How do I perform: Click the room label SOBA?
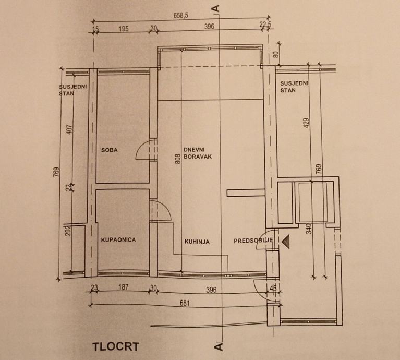point(110,150)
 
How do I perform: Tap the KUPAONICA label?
point(118,240)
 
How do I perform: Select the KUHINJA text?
point(197,242)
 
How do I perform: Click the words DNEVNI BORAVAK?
point(197,151)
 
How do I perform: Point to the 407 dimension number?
point(70,128)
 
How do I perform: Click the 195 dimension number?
point(123,29)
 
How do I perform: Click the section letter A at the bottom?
point(219,345)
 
